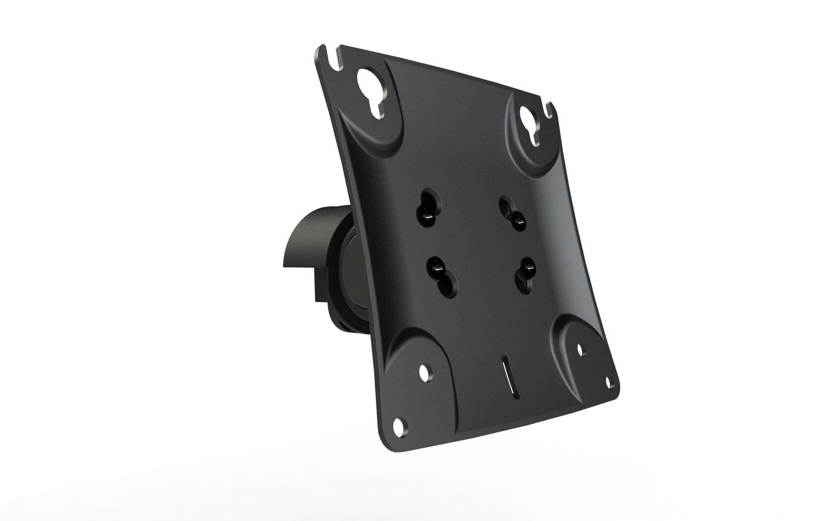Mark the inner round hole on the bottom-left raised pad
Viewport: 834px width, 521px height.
click(x=425, y=372)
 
